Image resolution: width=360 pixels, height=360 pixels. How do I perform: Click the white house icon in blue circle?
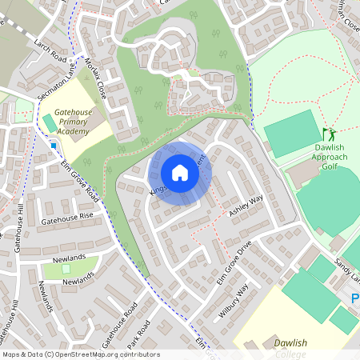180,173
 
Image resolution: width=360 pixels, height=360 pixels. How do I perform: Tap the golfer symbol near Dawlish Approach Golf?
328,134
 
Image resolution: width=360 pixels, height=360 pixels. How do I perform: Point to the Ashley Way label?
246,206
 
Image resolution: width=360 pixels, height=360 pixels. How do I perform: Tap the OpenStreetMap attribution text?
81,354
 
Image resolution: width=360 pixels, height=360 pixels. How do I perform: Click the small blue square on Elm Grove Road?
54,146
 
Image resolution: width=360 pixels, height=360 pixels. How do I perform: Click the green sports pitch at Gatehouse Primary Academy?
50,124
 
